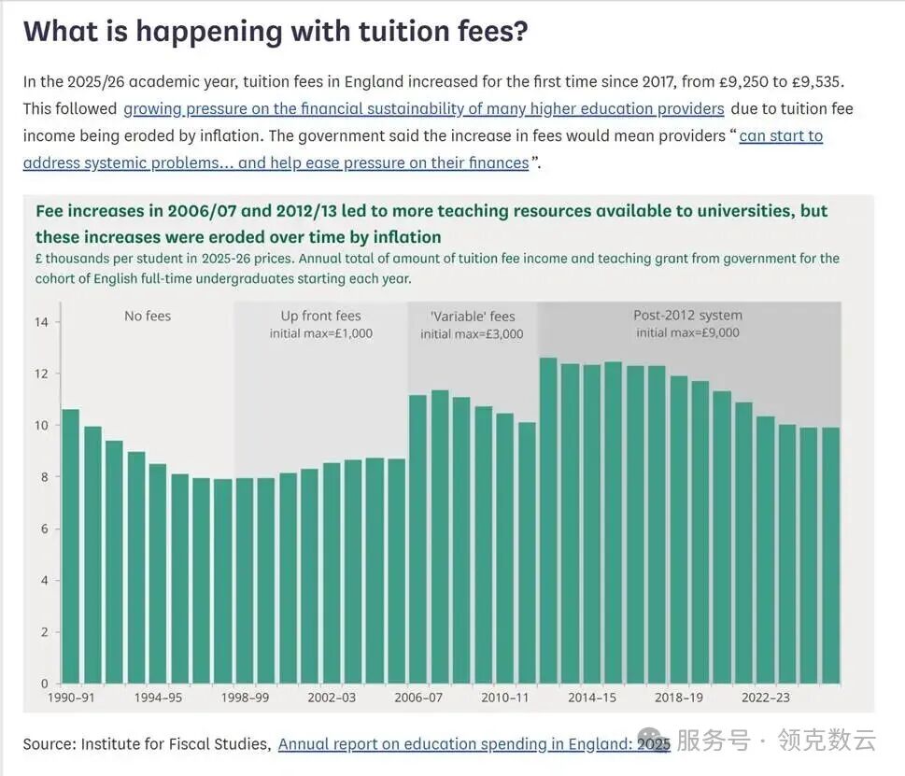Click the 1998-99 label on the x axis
pyautogui.click(x=245, y=698)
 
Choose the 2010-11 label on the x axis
pyautogui.click(x=504, y=698)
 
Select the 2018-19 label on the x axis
pyautogui.click(x=679, y=698)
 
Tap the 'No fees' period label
pyautogui.click(x=148, y=317)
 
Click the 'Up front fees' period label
pyautogui.click(x=320, y=317)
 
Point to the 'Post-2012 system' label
pyautogui.click(x=687, y=316)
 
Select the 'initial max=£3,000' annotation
pyautogui.click(x=472, y=334)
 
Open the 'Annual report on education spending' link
pyautogui.click(x=474, y=744)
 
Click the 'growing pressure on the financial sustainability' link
pyautogui.click(x=424, y=108)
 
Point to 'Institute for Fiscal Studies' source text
pyautogui.click(x=176, y=744)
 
